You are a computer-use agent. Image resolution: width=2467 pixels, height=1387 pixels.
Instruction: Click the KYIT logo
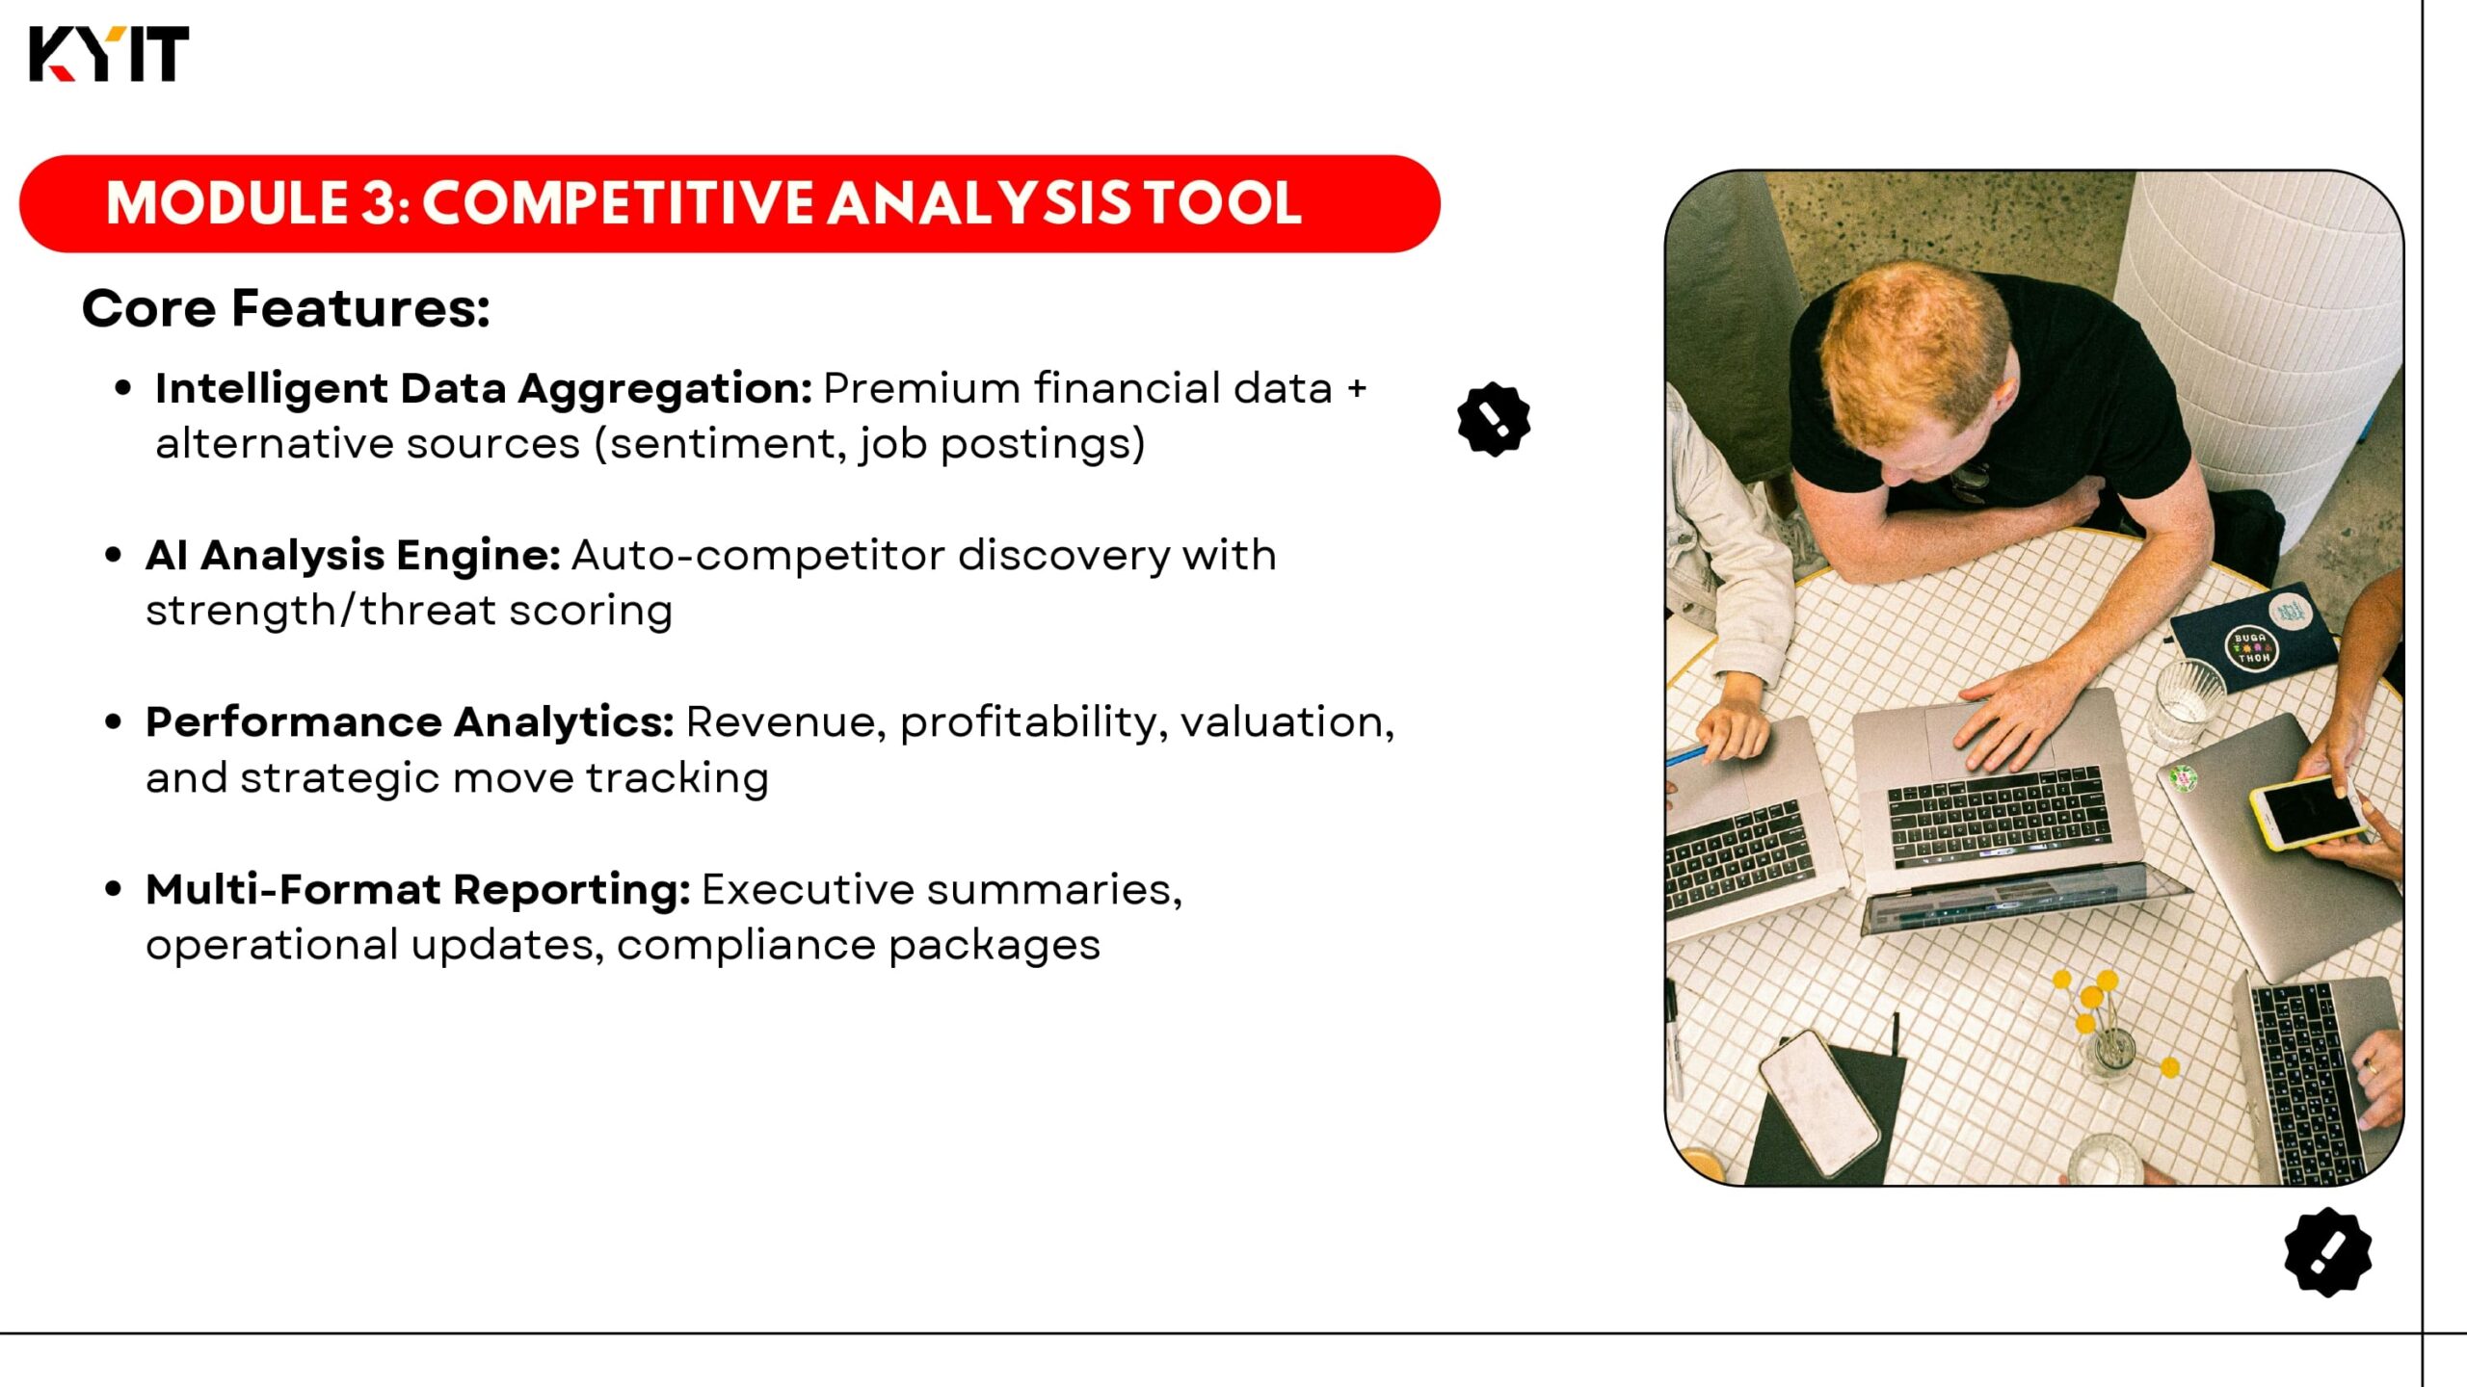(109, 54)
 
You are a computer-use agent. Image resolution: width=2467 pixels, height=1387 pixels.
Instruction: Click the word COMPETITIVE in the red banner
(617, 203)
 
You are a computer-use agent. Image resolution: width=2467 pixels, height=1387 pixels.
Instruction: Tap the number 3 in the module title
(376, 203)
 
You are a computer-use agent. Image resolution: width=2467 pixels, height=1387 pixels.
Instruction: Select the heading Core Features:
(286, 308)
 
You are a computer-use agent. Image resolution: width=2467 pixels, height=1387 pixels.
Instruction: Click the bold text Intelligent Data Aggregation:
(484, 389)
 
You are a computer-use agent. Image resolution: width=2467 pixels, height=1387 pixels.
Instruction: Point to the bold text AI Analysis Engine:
(353, 555)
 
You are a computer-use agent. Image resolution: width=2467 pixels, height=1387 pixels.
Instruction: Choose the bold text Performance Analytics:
(410, 722)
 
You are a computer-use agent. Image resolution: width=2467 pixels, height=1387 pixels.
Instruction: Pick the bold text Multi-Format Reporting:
(417, 890)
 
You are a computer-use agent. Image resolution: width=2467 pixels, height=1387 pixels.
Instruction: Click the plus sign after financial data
(1357, 388)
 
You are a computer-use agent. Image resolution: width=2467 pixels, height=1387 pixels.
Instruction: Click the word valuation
(1287, 722)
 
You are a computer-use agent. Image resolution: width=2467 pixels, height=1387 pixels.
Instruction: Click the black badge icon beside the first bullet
(1494, 419)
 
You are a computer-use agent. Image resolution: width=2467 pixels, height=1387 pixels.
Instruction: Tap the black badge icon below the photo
(2328, 1252)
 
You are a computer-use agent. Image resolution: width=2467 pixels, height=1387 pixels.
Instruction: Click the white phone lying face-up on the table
(1819, 1104)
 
